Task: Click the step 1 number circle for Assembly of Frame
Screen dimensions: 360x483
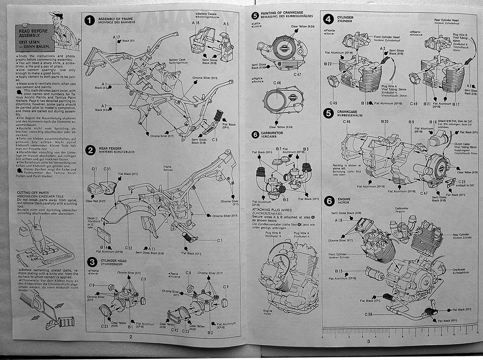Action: [x=90, y=21]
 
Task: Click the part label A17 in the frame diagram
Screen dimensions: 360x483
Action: [x=117, y=37]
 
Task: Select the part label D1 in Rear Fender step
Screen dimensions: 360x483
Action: [x=94, y=169]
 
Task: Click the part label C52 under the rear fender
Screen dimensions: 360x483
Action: [x=129, y=247]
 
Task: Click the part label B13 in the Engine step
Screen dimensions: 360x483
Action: [x=339, y=271]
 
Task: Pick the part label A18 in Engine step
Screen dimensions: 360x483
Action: [x=339, y=220]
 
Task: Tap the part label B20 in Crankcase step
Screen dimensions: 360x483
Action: [x=384, y=122]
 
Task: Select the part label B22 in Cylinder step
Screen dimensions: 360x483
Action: [x=327, y=64]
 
